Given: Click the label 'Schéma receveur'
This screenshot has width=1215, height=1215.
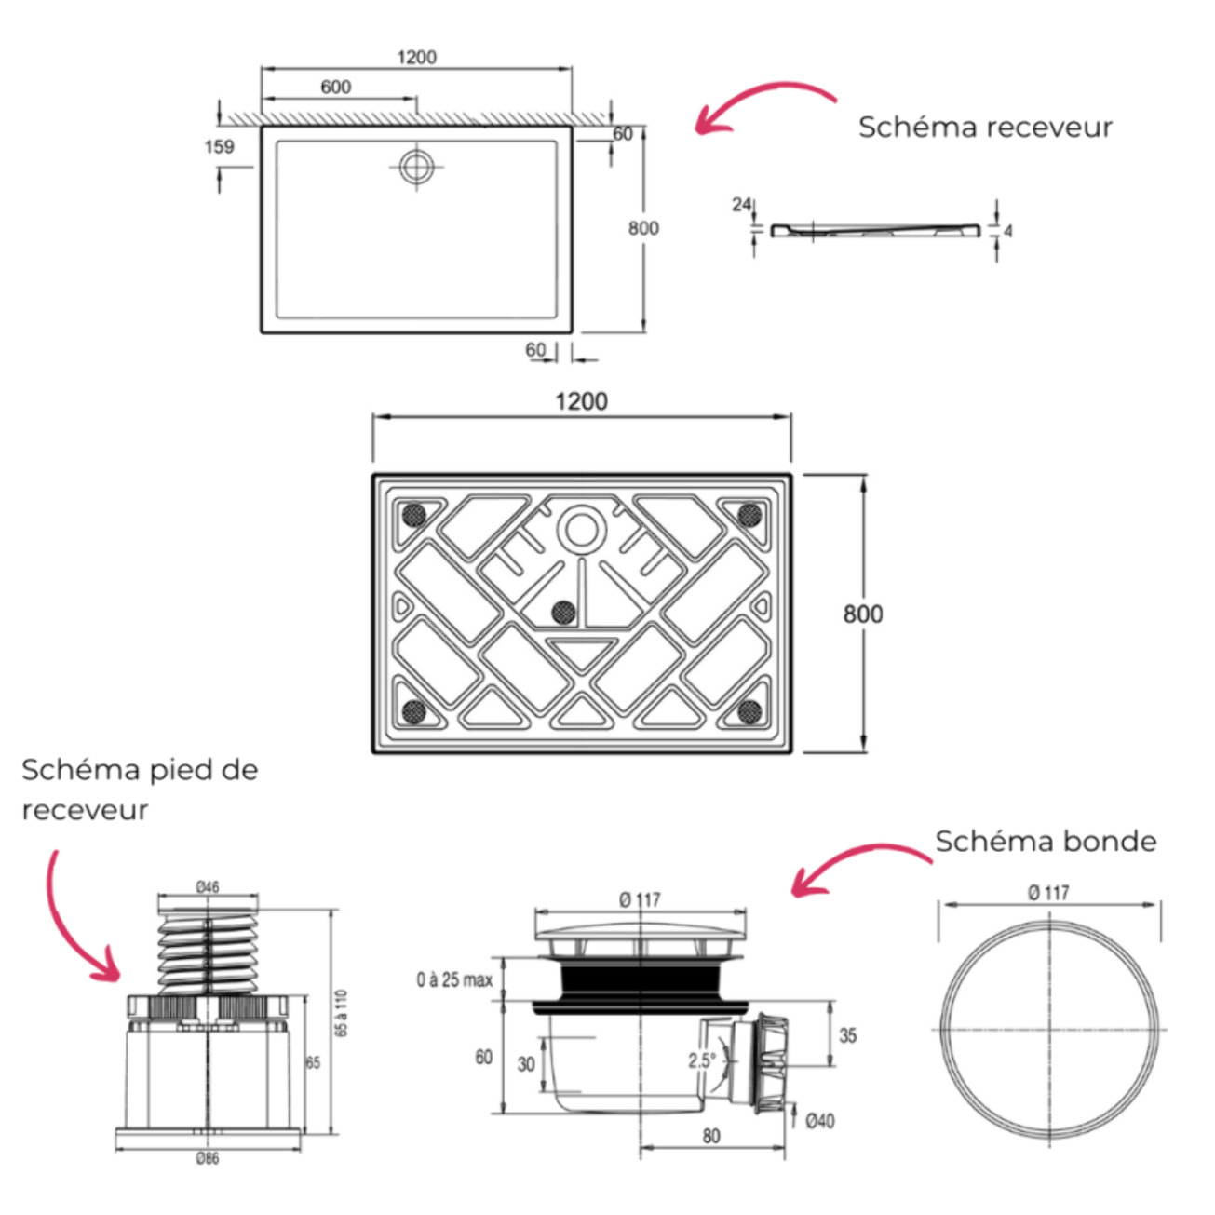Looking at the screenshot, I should click(984, 128).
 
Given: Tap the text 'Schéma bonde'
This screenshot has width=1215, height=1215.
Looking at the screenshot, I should click(1046, 842).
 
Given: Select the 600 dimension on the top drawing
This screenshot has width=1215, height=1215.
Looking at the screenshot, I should click(335, 87).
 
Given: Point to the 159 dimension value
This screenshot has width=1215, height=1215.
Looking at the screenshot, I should click(219, 146).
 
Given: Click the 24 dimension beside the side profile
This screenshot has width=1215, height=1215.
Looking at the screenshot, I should click(741, 204).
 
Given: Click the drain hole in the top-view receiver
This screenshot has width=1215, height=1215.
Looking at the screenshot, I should click(415, 167).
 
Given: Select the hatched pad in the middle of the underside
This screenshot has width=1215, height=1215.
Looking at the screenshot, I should click(562, 611).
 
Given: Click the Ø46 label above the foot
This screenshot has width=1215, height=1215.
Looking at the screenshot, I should click(208, 886).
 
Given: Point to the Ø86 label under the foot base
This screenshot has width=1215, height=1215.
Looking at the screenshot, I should click(207, 1159).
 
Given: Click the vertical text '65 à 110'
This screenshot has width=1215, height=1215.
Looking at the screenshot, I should click(342, 1013).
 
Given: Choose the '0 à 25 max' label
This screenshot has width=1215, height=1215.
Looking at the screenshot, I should click(454, 979).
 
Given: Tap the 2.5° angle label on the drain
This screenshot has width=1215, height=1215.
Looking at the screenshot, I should click(701, 1060).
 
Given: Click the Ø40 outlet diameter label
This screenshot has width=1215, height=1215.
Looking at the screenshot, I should click(818, 1121).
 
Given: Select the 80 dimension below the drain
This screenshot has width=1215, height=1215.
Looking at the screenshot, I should click(711, 1136).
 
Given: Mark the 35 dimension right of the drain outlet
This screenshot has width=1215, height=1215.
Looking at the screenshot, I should click(847, 1035).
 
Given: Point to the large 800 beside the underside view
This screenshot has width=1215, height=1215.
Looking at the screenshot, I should click(862, 614).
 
